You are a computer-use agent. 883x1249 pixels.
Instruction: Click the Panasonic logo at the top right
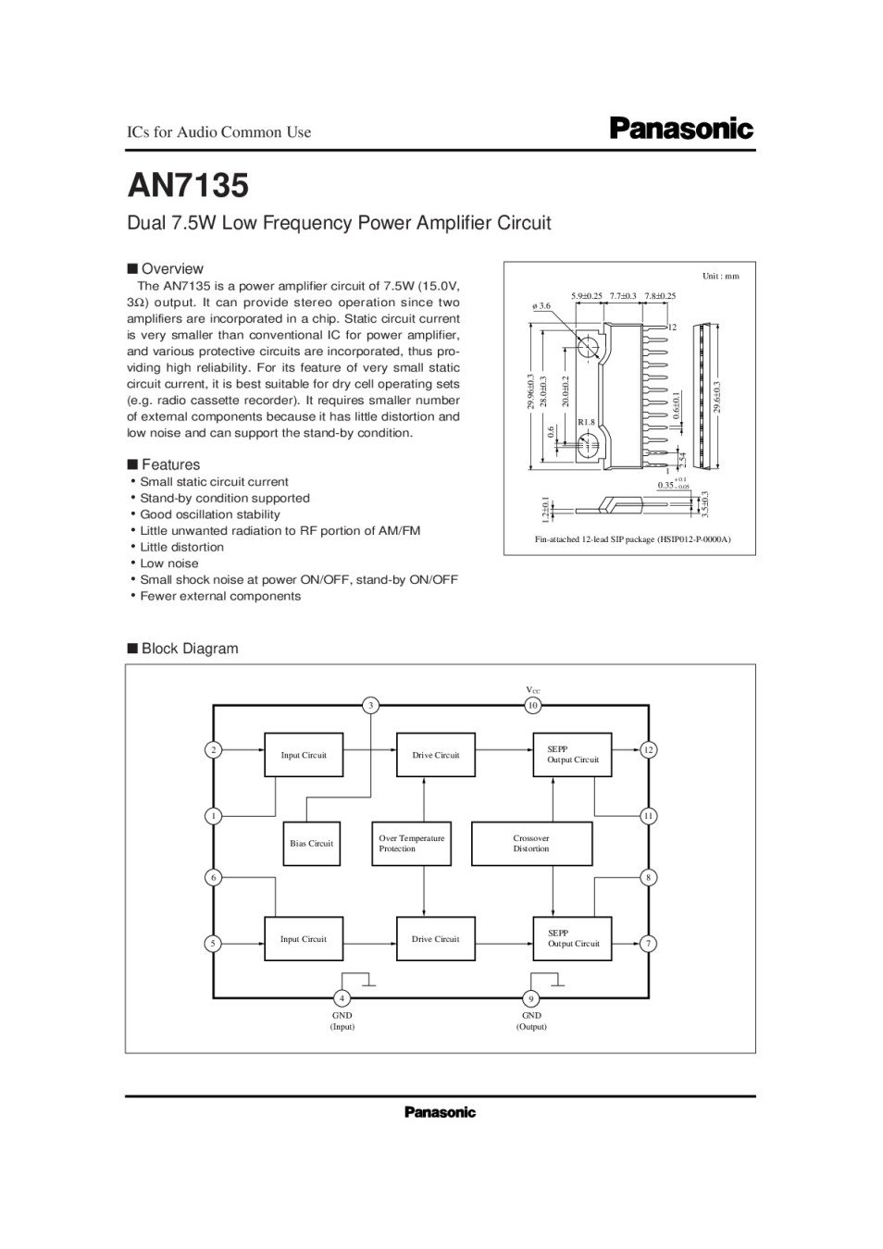point(680,129)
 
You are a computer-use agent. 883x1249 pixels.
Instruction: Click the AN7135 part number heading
point(188,186)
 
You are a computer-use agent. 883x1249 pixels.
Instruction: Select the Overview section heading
point(171,269)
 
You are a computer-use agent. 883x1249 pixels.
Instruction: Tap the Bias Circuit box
point(311,844)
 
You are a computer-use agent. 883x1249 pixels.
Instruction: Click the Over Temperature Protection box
point(412,844)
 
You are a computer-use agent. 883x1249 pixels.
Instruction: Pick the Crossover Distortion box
point(531,844)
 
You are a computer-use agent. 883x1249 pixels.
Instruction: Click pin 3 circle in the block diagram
point(370,706)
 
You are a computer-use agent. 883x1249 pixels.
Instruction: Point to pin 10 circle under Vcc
point(532,706)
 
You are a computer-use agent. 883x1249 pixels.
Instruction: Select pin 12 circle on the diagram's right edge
point(649,749)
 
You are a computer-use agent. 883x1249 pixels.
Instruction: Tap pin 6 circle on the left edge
point(214,877)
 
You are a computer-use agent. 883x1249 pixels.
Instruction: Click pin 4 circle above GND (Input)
point(342,998)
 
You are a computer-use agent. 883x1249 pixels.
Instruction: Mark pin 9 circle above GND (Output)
point(531,998)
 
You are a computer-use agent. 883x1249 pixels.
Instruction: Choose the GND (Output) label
point(531,1021)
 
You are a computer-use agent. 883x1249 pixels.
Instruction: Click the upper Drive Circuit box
point(436,755)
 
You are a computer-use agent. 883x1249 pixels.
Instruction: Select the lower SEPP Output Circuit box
point(572,939)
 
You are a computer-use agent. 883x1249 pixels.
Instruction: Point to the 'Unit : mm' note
point(721,276)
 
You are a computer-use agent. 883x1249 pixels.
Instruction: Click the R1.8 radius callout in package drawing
point(586,422)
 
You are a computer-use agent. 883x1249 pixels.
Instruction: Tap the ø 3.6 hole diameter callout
point(541,305)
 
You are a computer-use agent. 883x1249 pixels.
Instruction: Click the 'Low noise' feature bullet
point(169,563)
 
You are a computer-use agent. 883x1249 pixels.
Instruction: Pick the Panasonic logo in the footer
point(440,1112)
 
